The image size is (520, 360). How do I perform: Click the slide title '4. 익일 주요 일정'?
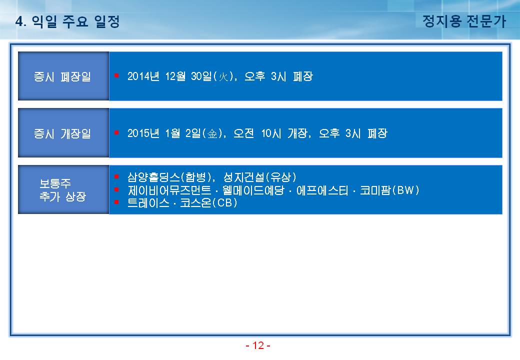(67, 21)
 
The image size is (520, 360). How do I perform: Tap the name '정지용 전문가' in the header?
(464, 21)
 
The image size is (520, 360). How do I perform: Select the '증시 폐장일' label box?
(63, 76)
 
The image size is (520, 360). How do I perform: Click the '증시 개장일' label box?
(63, 133)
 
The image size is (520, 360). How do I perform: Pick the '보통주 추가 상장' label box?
(63, 189)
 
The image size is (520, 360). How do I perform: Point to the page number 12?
(258, 345)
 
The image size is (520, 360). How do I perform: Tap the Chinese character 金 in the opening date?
(212, 133)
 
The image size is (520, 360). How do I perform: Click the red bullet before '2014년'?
(116, 75)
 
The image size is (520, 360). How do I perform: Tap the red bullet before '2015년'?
(116, 132)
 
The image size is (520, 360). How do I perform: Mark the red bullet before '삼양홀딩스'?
(116, 176)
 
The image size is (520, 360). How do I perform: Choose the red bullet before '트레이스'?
(116, 202)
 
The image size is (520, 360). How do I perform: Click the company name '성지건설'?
(244, 177)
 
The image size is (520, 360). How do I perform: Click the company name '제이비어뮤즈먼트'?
(169, 190)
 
